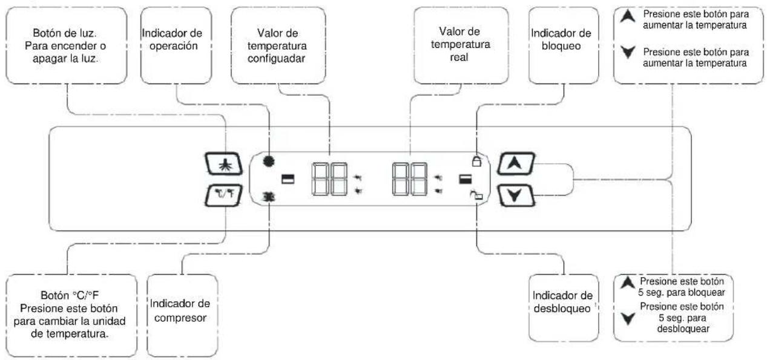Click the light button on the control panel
(x=224, y=164)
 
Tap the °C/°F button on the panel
(x=224, y=195)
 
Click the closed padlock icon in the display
(x=476, y=161)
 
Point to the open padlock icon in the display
(x=476, y=195)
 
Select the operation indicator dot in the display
(x=269, y=160)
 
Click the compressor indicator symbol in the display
(x=269, y=197)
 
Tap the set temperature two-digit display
(x=330, y=179)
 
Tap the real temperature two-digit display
(x=410, y=179)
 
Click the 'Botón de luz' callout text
(x=65, y=33)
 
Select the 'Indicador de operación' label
(x=173, y=39)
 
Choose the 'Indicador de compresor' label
(x=180, y=310)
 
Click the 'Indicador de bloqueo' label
(x=561, y=39)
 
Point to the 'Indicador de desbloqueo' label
(x=562, y=302)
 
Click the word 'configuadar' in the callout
(x=276, y=59)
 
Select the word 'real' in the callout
(x=459, y=57)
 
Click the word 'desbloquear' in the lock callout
(x=683, y=329)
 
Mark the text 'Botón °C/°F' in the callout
(x=70, y=295)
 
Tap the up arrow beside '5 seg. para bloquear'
(x=628, y=283)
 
